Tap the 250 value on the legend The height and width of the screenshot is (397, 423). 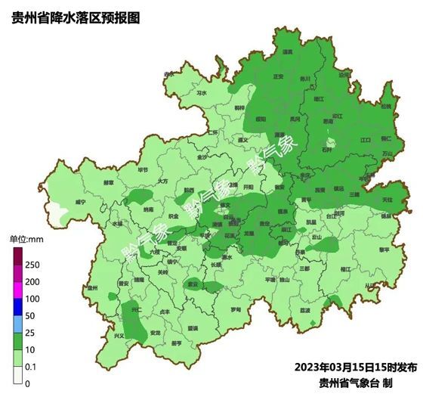coord(32,265)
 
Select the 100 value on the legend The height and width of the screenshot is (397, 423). coord(32,299)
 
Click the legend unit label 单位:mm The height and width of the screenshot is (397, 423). coord(26,240)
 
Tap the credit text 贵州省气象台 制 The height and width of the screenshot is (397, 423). coord(367,382)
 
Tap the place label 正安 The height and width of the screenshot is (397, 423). coord(278,76)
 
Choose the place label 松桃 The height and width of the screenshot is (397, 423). coord(386,107)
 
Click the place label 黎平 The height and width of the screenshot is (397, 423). coord(385,249)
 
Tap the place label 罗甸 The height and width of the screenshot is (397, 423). coord(236,310)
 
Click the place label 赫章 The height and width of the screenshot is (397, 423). coord(109,182)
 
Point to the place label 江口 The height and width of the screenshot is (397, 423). coord(366,140)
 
